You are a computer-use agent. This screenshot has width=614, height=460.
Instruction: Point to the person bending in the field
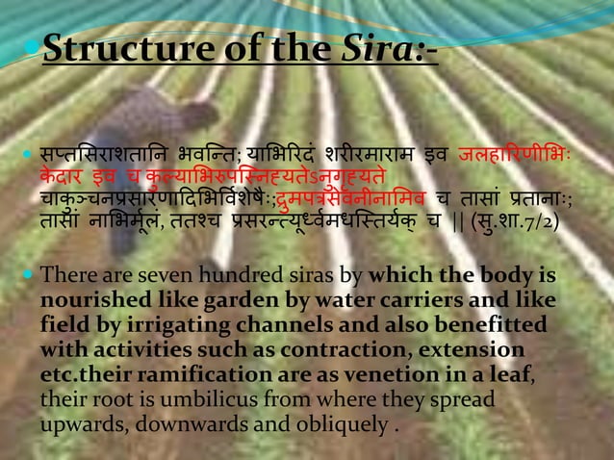(154, 125)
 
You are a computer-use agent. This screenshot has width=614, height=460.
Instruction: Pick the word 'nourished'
(83, 300)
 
